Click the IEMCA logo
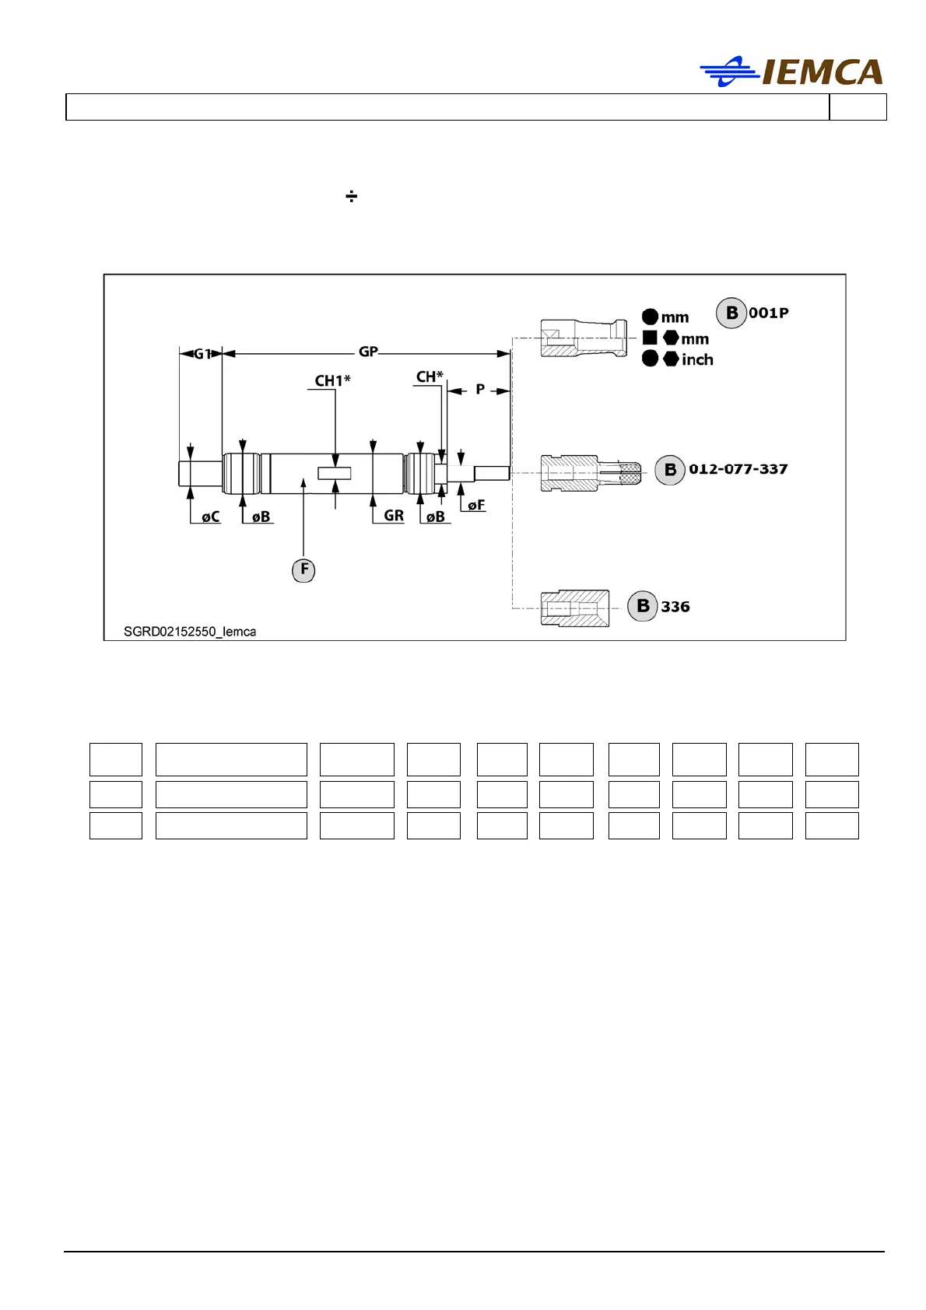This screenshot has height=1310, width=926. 791,72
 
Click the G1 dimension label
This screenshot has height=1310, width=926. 201,354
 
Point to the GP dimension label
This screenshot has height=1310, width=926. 368,352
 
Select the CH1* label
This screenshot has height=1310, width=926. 332,380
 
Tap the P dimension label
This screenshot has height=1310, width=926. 480,389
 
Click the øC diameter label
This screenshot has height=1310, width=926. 210,517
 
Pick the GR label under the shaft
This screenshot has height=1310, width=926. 394,515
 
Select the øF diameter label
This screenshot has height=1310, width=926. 476,505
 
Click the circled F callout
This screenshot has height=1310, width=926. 303,569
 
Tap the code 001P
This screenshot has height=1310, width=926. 769,313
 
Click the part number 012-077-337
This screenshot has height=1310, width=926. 738,469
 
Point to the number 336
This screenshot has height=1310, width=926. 675,607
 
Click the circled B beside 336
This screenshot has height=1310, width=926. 643,606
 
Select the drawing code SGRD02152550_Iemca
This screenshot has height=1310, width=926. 190,632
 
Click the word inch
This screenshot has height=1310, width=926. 697,359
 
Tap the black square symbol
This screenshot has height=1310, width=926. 650,338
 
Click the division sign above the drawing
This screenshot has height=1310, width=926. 352,196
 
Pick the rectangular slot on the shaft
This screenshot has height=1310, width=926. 335,472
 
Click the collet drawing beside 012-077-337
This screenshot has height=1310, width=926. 591,471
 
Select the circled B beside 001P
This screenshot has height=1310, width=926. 731,313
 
